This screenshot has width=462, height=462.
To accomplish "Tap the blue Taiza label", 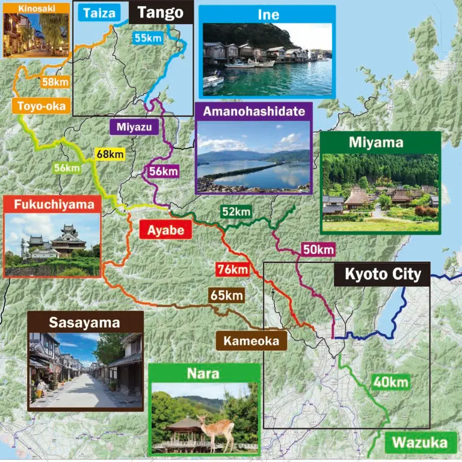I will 99,13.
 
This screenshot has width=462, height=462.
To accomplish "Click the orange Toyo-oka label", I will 37,106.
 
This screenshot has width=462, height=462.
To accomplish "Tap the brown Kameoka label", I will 251,341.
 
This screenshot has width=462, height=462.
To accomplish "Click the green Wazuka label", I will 420,444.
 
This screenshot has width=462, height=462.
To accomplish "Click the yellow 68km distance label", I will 109,155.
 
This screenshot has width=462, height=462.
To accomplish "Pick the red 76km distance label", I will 231,269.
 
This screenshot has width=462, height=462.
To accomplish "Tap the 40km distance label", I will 390,382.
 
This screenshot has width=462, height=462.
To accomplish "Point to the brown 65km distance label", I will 226,295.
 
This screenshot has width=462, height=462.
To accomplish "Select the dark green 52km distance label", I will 235,211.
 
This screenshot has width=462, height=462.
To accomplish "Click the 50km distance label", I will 318,249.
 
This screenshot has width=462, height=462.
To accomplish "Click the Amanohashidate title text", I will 253,112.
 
